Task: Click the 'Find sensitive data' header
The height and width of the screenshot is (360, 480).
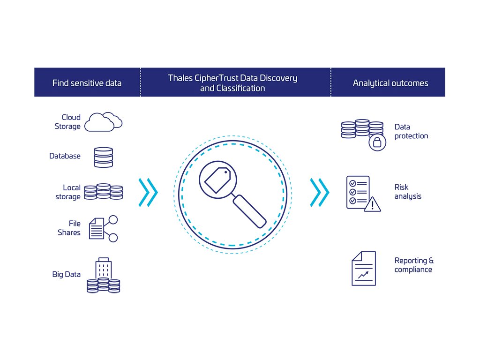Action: [x=87, y=83]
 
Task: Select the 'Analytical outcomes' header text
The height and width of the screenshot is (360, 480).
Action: [x=390, y=83]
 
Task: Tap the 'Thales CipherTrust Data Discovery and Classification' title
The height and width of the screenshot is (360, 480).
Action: [x=232, y=83]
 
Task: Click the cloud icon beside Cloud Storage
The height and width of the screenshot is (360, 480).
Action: [x=105, y=122]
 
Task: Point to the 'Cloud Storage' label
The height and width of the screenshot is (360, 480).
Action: [x=68, y=122]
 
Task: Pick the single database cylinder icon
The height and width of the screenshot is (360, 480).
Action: [x=103, y=157]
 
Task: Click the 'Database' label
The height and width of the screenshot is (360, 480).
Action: [x=65, y=156]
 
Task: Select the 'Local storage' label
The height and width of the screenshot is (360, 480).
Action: [x=68, y=192]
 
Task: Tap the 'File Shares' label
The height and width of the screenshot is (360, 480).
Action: [x=69, y=228]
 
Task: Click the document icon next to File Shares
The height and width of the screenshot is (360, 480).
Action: [x=97, y=228]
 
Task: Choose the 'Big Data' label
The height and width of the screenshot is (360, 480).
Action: [x=66, y=274]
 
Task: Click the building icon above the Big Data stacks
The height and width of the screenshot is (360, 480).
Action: [x=103, y=268]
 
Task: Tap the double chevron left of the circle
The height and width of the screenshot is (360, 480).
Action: [x=148, y=192]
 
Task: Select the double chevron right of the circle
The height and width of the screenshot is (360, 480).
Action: [x=320, y=192]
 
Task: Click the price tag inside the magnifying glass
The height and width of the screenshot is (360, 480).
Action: [x=216, y=180]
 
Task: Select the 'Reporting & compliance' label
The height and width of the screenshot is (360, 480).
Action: [x=414, y=265]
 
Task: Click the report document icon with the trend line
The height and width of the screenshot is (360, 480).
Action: [x=364, y=269]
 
